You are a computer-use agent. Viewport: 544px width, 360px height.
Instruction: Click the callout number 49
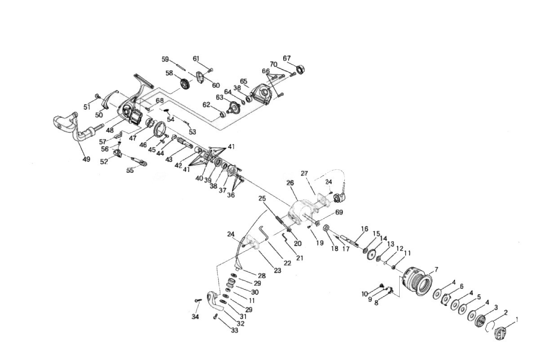point(86,159)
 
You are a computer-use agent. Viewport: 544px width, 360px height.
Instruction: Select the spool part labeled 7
point(416,281)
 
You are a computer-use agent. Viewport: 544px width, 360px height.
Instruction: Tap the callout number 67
point(287,58)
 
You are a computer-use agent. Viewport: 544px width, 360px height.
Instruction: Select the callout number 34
point(195,317)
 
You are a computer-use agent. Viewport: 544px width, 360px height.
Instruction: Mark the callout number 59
point(165,59)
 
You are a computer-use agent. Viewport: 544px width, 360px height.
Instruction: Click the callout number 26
point(290,183)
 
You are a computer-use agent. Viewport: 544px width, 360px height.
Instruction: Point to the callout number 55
point(130,170)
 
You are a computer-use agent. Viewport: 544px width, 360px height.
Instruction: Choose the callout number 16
point(364,229)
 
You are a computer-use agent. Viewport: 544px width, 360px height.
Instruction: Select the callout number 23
point(277,270)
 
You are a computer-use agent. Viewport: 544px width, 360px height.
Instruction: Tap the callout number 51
point(87,107)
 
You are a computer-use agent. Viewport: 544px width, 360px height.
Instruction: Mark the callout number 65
point(244,81)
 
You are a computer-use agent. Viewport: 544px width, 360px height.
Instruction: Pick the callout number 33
point(234,331)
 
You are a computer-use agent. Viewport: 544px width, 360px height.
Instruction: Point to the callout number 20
point(297,243)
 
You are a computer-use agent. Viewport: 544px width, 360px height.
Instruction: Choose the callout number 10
point(365,294)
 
